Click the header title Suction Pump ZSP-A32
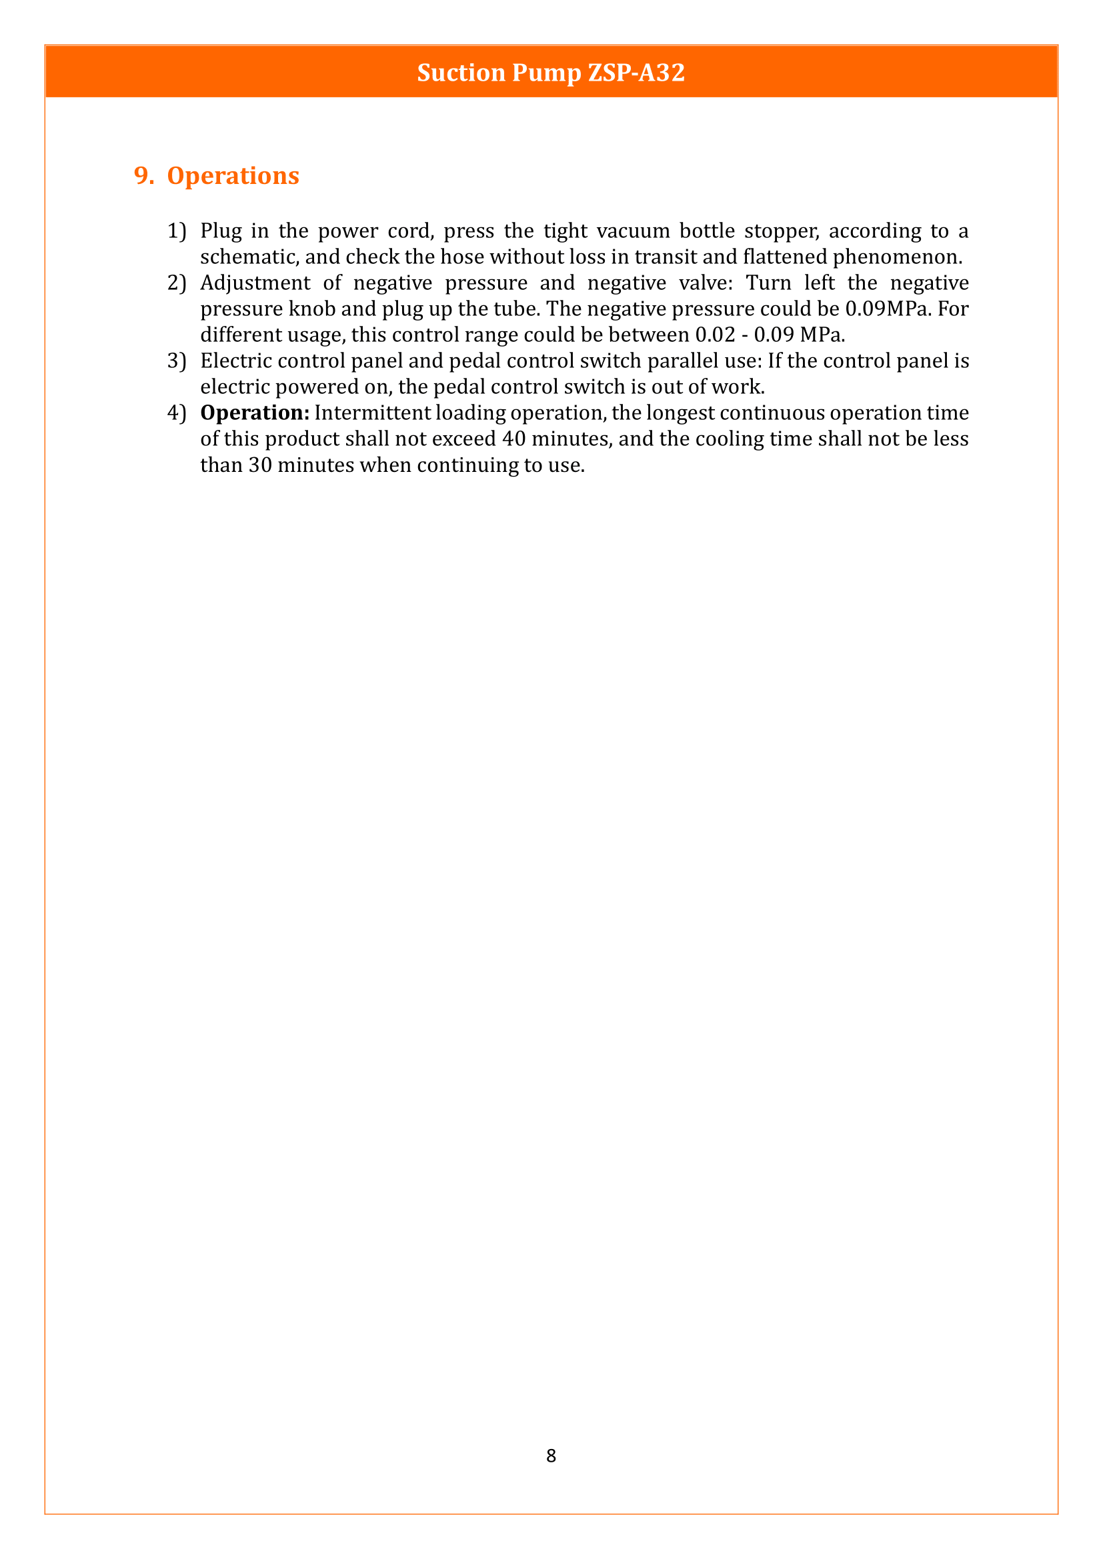point(551,73)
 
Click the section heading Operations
point(233,176)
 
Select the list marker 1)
point(176,231)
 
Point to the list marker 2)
point(176,283)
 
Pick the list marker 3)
point(176,361)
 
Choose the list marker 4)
point(176,413)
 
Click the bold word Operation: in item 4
point(255,413)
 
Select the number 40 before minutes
point(514,439)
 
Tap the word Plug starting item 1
point(221,231)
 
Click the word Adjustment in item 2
point(255,283)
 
